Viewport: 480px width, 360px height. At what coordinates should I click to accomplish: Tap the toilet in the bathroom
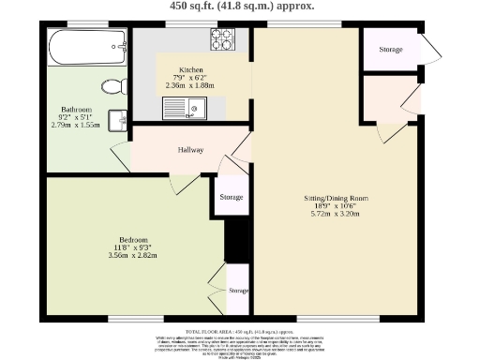114,87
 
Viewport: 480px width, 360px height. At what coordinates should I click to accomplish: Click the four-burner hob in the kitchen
223,39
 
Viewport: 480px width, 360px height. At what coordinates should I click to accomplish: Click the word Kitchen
190,69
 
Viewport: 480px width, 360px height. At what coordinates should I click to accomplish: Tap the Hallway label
190,148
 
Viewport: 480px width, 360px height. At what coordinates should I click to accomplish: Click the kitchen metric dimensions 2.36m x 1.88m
190,85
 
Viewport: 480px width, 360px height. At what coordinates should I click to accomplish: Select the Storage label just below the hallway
232,198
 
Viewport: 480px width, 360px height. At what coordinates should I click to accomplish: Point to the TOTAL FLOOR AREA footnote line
241,332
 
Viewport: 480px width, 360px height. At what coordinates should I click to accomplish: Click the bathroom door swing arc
118,156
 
